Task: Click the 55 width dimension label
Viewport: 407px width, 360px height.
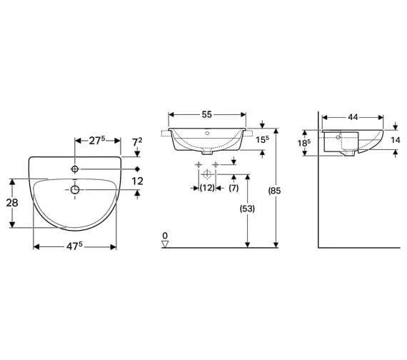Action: (x=207, y=114)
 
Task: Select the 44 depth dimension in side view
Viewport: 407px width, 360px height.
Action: (x=353, y=117)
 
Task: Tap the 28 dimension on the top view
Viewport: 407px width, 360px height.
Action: (x=12, y=203)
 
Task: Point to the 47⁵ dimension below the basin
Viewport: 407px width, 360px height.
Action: (x=74, y=246)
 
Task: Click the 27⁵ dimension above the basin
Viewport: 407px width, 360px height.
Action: (x=97, y=141)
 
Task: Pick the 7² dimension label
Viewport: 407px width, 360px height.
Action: (x=137, y=142)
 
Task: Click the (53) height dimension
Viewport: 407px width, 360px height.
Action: (x=247, y=209)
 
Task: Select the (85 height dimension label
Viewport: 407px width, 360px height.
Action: (x=275, y=191)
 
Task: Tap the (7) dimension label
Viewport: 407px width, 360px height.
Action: (x=233, y=188)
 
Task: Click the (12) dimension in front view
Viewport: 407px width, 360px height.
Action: (x=207, y=188)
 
